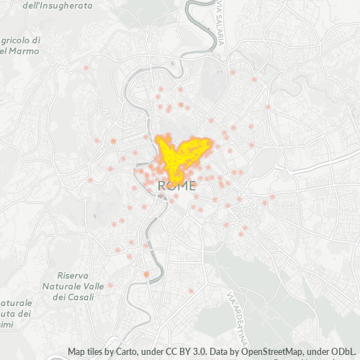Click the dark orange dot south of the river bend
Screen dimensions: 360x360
(146, 274)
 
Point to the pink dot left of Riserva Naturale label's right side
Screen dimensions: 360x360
(110, 285)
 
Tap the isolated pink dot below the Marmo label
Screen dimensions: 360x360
(86, 68)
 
